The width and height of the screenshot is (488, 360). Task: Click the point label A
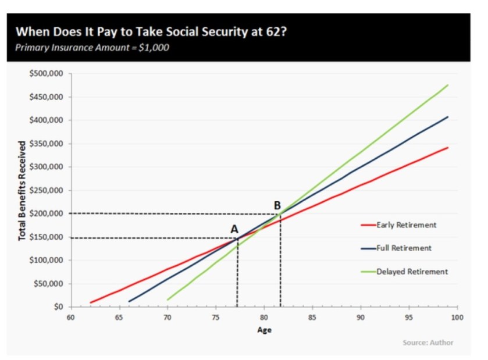tap(234, 229)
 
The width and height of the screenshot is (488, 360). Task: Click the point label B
tap(277, 205)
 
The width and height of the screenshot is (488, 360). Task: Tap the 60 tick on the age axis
tap(70, 317)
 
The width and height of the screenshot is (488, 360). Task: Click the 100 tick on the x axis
tap(457, 317)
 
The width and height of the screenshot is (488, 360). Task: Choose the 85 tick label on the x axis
tap(312, 317)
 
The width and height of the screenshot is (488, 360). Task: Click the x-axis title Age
tap(264, 330)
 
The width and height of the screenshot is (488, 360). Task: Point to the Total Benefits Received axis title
tap(22, 190)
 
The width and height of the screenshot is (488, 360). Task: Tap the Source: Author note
tap(428, 343)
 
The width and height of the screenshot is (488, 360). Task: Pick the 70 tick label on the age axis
tap(167, 317)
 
